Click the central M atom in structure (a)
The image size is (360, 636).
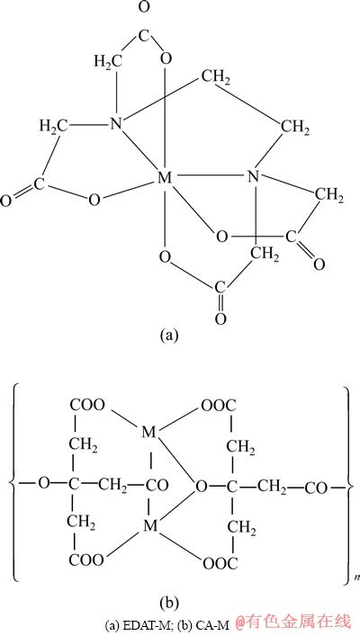[165, 177]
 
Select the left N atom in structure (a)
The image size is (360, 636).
[117, 123]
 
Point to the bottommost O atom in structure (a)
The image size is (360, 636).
[220, 318]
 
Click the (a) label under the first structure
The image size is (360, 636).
[169, 336]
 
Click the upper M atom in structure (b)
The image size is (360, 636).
[149, 433]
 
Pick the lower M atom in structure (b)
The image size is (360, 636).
[150, 526]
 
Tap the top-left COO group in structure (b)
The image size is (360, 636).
[87, 405]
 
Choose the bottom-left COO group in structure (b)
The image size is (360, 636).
[86, 560]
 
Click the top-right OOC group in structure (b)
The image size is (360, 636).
[219, 405]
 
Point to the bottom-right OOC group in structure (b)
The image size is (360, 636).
[220, 562]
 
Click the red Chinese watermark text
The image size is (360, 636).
[292, 623]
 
